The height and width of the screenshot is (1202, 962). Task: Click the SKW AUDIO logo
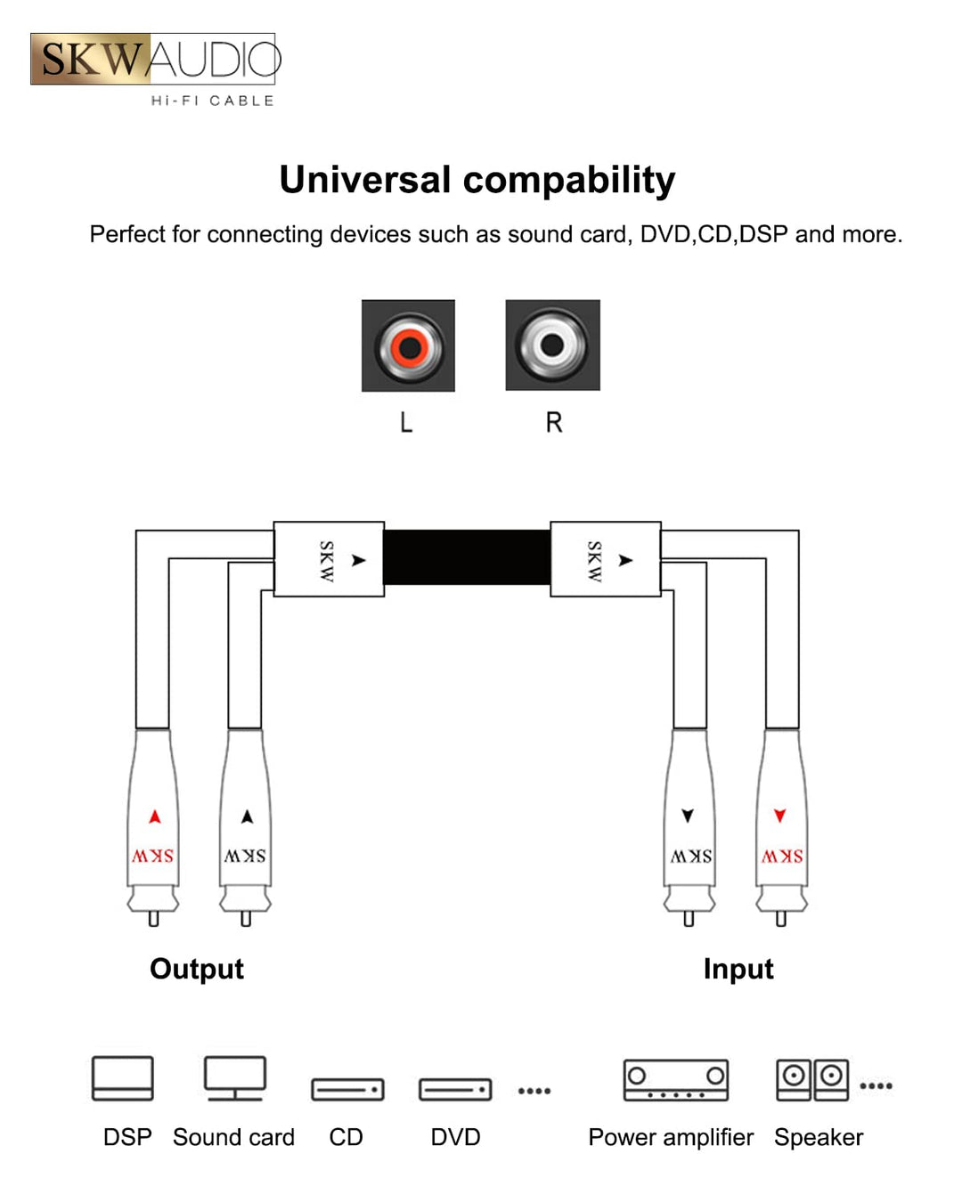coord(155,60)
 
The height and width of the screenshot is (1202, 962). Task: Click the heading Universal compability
coord(477,180)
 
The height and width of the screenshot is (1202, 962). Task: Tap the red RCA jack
coord(409,345)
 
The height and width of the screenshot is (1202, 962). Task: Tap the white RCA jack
coord(552,345)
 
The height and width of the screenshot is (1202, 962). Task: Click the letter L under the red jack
coord(406,422)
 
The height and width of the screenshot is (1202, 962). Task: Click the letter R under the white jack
coord(554,422)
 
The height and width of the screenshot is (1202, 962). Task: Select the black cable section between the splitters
coord(467,557)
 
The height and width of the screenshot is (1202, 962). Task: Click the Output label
coord(196,969)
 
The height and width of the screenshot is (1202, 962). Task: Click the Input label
coord(738,969)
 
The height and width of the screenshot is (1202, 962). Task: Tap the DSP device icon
coord(123,1078)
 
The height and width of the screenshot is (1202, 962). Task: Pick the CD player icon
coord(347,1089)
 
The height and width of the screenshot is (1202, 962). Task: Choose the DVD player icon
coord(455,1089)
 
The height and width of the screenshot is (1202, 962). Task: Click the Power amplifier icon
coord(675,1080)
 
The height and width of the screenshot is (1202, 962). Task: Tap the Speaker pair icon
coord(811,1079)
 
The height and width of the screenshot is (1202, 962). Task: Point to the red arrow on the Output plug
coord(155,816)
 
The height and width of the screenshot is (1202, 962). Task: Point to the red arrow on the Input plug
coord(780,816)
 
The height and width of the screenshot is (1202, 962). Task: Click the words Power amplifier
coord(671,1137)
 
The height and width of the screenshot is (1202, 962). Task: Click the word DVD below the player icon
coord(455,1137)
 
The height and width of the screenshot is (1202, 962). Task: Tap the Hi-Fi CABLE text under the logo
coord(212,101)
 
